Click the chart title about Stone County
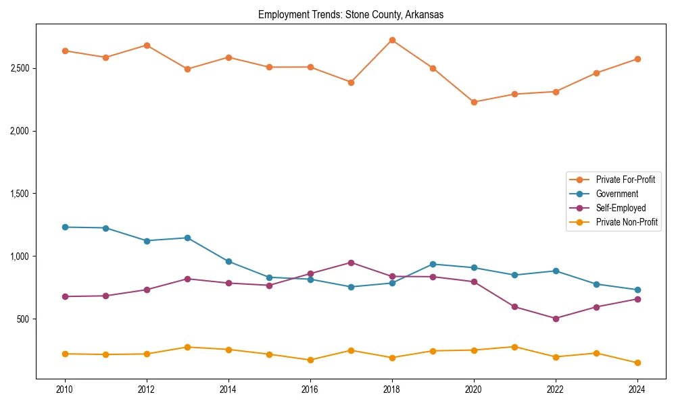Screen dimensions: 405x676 (351, 15)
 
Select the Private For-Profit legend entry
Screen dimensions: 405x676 (625, 180)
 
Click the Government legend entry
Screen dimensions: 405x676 (617, 194)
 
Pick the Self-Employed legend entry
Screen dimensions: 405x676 (620, 208)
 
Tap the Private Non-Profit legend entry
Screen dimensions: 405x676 (627, 222)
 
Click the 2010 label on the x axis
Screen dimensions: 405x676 (65, 389)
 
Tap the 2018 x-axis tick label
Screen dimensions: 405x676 (392, 389)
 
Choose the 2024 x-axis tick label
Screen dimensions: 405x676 (637, 389)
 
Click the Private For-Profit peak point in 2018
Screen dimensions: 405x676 (392, 40)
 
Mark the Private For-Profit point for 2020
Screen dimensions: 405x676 (474, 102)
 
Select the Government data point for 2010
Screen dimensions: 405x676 (65, 227)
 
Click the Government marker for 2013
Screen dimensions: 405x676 (187, 238)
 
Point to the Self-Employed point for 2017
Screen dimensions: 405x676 (351, 263)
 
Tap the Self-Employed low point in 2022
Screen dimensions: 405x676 (556, 319)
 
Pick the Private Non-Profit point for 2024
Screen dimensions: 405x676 (637, 363)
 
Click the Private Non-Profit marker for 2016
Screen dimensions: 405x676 (310, 360)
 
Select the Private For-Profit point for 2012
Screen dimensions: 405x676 (147, 45)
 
